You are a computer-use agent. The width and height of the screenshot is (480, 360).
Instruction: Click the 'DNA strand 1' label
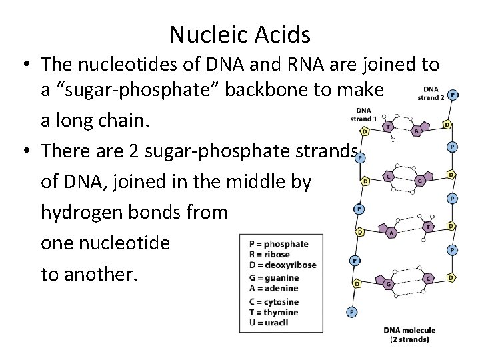click(x=363, y=115)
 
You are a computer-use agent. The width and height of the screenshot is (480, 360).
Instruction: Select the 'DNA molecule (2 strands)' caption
click(x=409, y=334)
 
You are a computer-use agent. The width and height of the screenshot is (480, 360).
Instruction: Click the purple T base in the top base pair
click(x=387, y=127)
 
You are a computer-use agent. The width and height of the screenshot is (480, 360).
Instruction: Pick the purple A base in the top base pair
click(x=417, y=131)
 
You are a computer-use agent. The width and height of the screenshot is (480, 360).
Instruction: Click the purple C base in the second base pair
click(x=388, y=177)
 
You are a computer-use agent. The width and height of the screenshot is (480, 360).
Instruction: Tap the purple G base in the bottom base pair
click(x=388, y=284)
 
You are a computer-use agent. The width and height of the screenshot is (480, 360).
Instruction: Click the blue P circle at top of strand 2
click(x=453, y=95)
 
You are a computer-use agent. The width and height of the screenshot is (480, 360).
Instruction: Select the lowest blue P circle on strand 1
click(x=351, y=311)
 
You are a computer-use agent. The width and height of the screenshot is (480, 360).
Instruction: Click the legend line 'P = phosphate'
click(x=278, y=244)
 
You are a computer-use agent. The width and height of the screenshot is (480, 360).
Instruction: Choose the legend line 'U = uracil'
click(x=269, y=323)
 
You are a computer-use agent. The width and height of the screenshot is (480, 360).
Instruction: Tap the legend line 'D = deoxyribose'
click(x=281, y=265)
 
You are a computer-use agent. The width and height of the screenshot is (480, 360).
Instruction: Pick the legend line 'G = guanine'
click(x=273, y=277)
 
